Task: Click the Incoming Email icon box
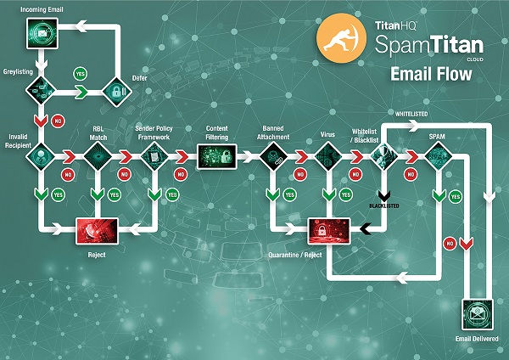[x=41, y=32]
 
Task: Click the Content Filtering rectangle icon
[x=215, y=156]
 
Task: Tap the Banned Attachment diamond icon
[x=274, y=156]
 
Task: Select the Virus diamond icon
[x=327, y=156]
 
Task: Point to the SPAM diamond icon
[x=438, y=156]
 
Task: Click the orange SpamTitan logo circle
[x=337, y=40]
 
